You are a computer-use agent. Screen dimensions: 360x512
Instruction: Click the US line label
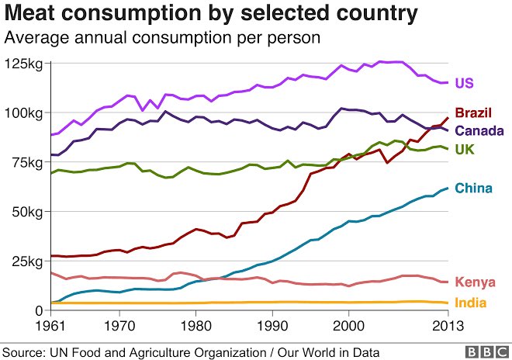(x=464, y=83)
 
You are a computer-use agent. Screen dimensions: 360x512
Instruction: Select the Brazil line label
(x=471, y=113)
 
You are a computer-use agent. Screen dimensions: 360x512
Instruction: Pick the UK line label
(x=464, y=148)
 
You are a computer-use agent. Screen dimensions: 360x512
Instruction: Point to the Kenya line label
(x=474, y=282)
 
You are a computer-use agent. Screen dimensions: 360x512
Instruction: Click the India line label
(x=470, y=302)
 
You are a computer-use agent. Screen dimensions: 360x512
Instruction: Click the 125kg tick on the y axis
(x=24, y=63)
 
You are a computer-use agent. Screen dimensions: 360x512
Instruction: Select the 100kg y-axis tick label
(x=24, y=112)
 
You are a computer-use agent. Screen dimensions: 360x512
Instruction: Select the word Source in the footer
(x=23, y=351)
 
